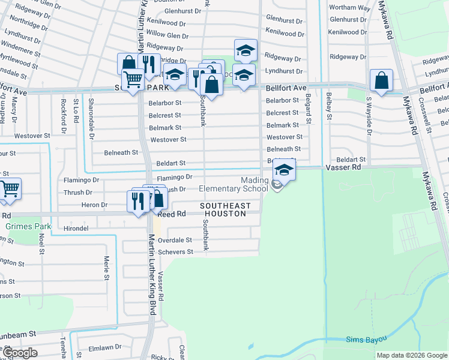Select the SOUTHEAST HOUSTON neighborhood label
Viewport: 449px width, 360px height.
click(x=225, y=209)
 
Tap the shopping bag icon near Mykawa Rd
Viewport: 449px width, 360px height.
click(x=381, y=80)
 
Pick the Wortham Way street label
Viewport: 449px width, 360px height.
click(x=349, y=8)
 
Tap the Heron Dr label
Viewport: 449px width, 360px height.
click(x=96, y=205)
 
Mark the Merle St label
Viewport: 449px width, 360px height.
click(x=106, y=268)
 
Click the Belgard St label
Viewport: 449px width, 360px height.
click(x=308, y=109)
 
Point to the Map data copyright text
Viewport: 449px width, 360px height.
click(x=412, y=355)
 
